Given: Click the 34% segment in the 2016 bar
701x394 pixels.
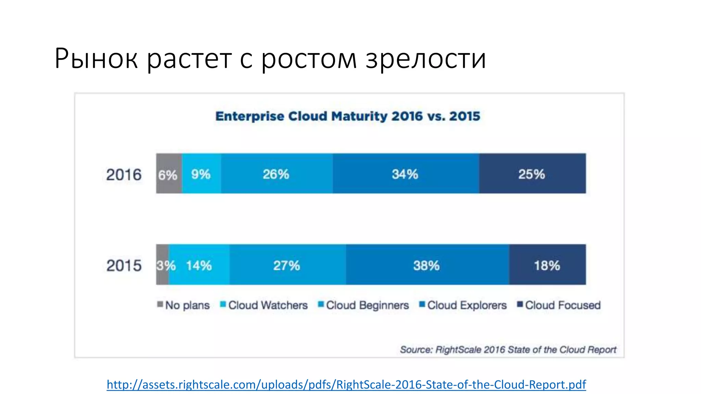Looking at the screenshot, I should [406, 174].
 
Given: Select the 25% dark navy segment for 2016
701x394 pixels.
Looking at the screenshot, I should [532, 174].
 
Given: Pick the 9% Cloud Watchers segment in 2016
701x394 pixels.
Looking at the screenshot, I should [201, 174].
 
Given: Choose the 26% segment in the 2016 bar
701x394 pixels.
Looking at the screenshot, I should [277, 174].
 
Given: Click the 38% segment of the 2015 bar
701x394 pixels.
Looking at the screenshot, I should [427, 265].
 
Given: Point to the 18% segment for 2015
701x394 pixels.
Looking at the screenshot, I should [547, 265].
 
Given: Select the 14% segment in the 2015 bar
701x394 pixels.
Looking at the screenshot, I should [199, 265].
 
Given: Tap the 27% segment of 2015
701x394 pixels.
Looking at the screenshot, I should [287, 265].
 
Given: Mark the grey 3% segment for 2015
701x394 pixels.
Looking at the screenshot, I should [162, 265].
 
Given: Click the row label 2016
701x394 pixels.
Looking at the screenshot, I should [124, 174].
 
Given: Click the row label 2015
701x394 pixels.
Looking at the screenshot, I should [124, 265].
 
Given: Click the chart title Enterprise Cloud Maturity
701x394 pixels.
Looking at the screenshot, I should [347, 116].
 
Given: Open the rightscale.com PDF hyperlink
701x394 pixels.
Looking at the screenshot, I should [346, 384].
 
